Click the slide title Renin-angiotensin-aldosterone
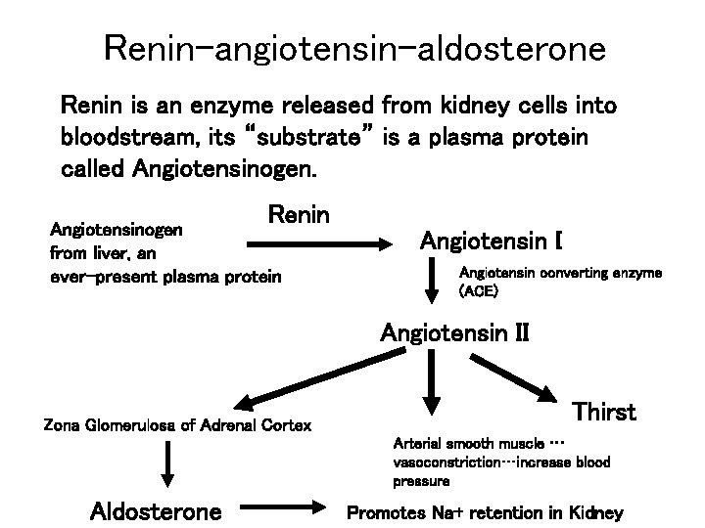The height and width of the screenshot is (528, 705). coord(352,47)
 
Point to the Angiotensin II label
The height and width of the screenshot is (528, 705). coord(454,332)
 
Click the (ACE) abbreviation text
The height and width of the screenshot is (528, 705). coord(478,291)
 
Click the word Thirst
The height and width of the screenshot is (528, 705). coord(604,412)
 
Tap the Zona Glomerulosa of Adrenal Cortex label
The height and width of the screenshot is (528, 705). coord(178,424)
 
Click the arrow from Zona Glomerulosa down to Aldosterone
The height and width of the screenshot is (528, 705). coord(168,463)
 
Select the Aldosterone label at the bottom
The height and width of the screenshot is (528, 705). coord(156,511)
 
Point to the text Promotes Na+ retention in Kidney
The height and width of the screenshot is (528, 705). coord(485,512)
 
